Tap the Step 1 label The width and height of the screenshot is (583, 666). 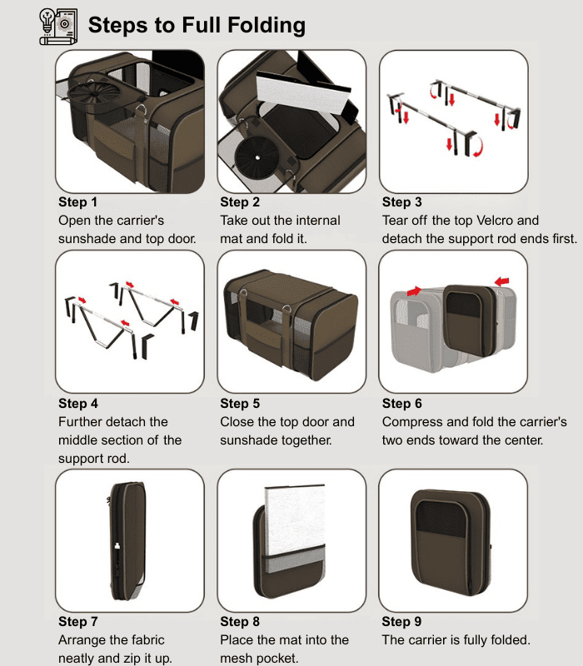coord(77,202)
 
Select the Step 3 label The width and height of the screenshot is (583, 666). coord(401,202)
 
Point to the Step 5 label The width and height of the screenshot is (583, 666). coord(240,404)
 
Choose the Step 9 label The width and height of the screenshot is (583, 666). coord(401,622)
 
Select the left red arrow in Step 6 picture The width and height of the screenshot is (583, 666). coord(415,291)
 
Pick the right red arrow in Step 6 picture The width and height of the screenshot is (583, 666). coord(501,282)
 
